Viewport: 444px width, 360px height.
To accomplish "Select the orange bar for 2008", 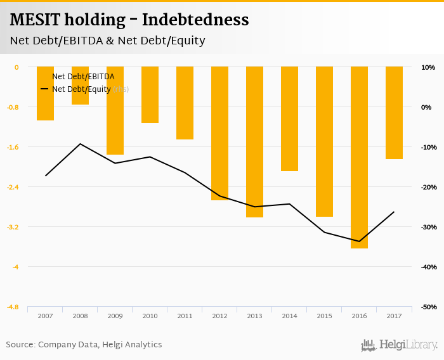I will pyautogui.click(x=80, y=86).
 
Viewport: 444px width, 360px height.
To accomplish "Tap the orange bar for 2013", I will pyautogui.click(x=254, y=142).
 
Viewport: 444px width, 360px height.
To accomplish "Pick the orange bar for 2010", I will pyautogui.click(x=150, y=94).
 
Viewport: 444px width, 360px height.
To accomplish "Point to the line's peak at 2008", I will pyautogui.click(x=80, y=144).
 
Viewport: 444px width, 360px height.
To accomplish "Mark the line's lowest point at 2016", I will pyautogui.click(x=359, y=241).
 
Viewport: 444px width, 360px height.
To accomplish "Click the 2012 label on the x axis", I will pyautogui.click(x=219, y=316).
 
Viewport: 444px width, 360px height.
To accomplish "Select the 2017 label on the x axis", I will pyautogui.click(x=394, y=316).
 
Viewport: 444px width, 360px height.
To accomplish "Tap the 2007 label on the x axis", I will pyautogui.click(x=45, y=316).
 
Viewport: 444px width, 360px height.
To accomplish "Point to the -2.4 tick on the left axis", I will pyautogui.click(x=13, y=187).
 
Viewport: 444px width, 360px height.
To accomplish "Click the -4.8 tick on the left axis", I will pyautogui.click(x=13, y=307).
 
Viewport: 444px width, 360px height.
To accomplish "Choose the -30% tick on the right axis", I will pyautogui.click(x=428, y=227).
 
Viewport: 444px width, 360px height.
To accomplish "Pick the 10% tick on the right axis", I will pyautogui.click(x=428, y=67).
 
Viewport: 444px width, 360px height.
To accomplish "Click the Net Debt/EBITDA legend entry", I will pyautogui.click(x=82, y=77).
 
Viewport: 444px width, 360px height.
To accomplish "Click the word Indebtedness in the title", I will pyautogui.click(x=195, y=20).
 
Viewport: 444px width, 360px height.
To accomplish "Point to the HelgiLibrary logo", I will pyautogui.click(x=400, y=345).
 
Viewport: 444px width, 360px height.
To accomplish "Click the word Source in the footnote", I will pyautogui.click(x=20, y=345).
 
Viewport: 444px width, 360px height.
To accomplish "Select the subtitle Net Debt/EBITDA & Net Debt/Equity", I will pyautogui.click(x=107, y=41).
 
